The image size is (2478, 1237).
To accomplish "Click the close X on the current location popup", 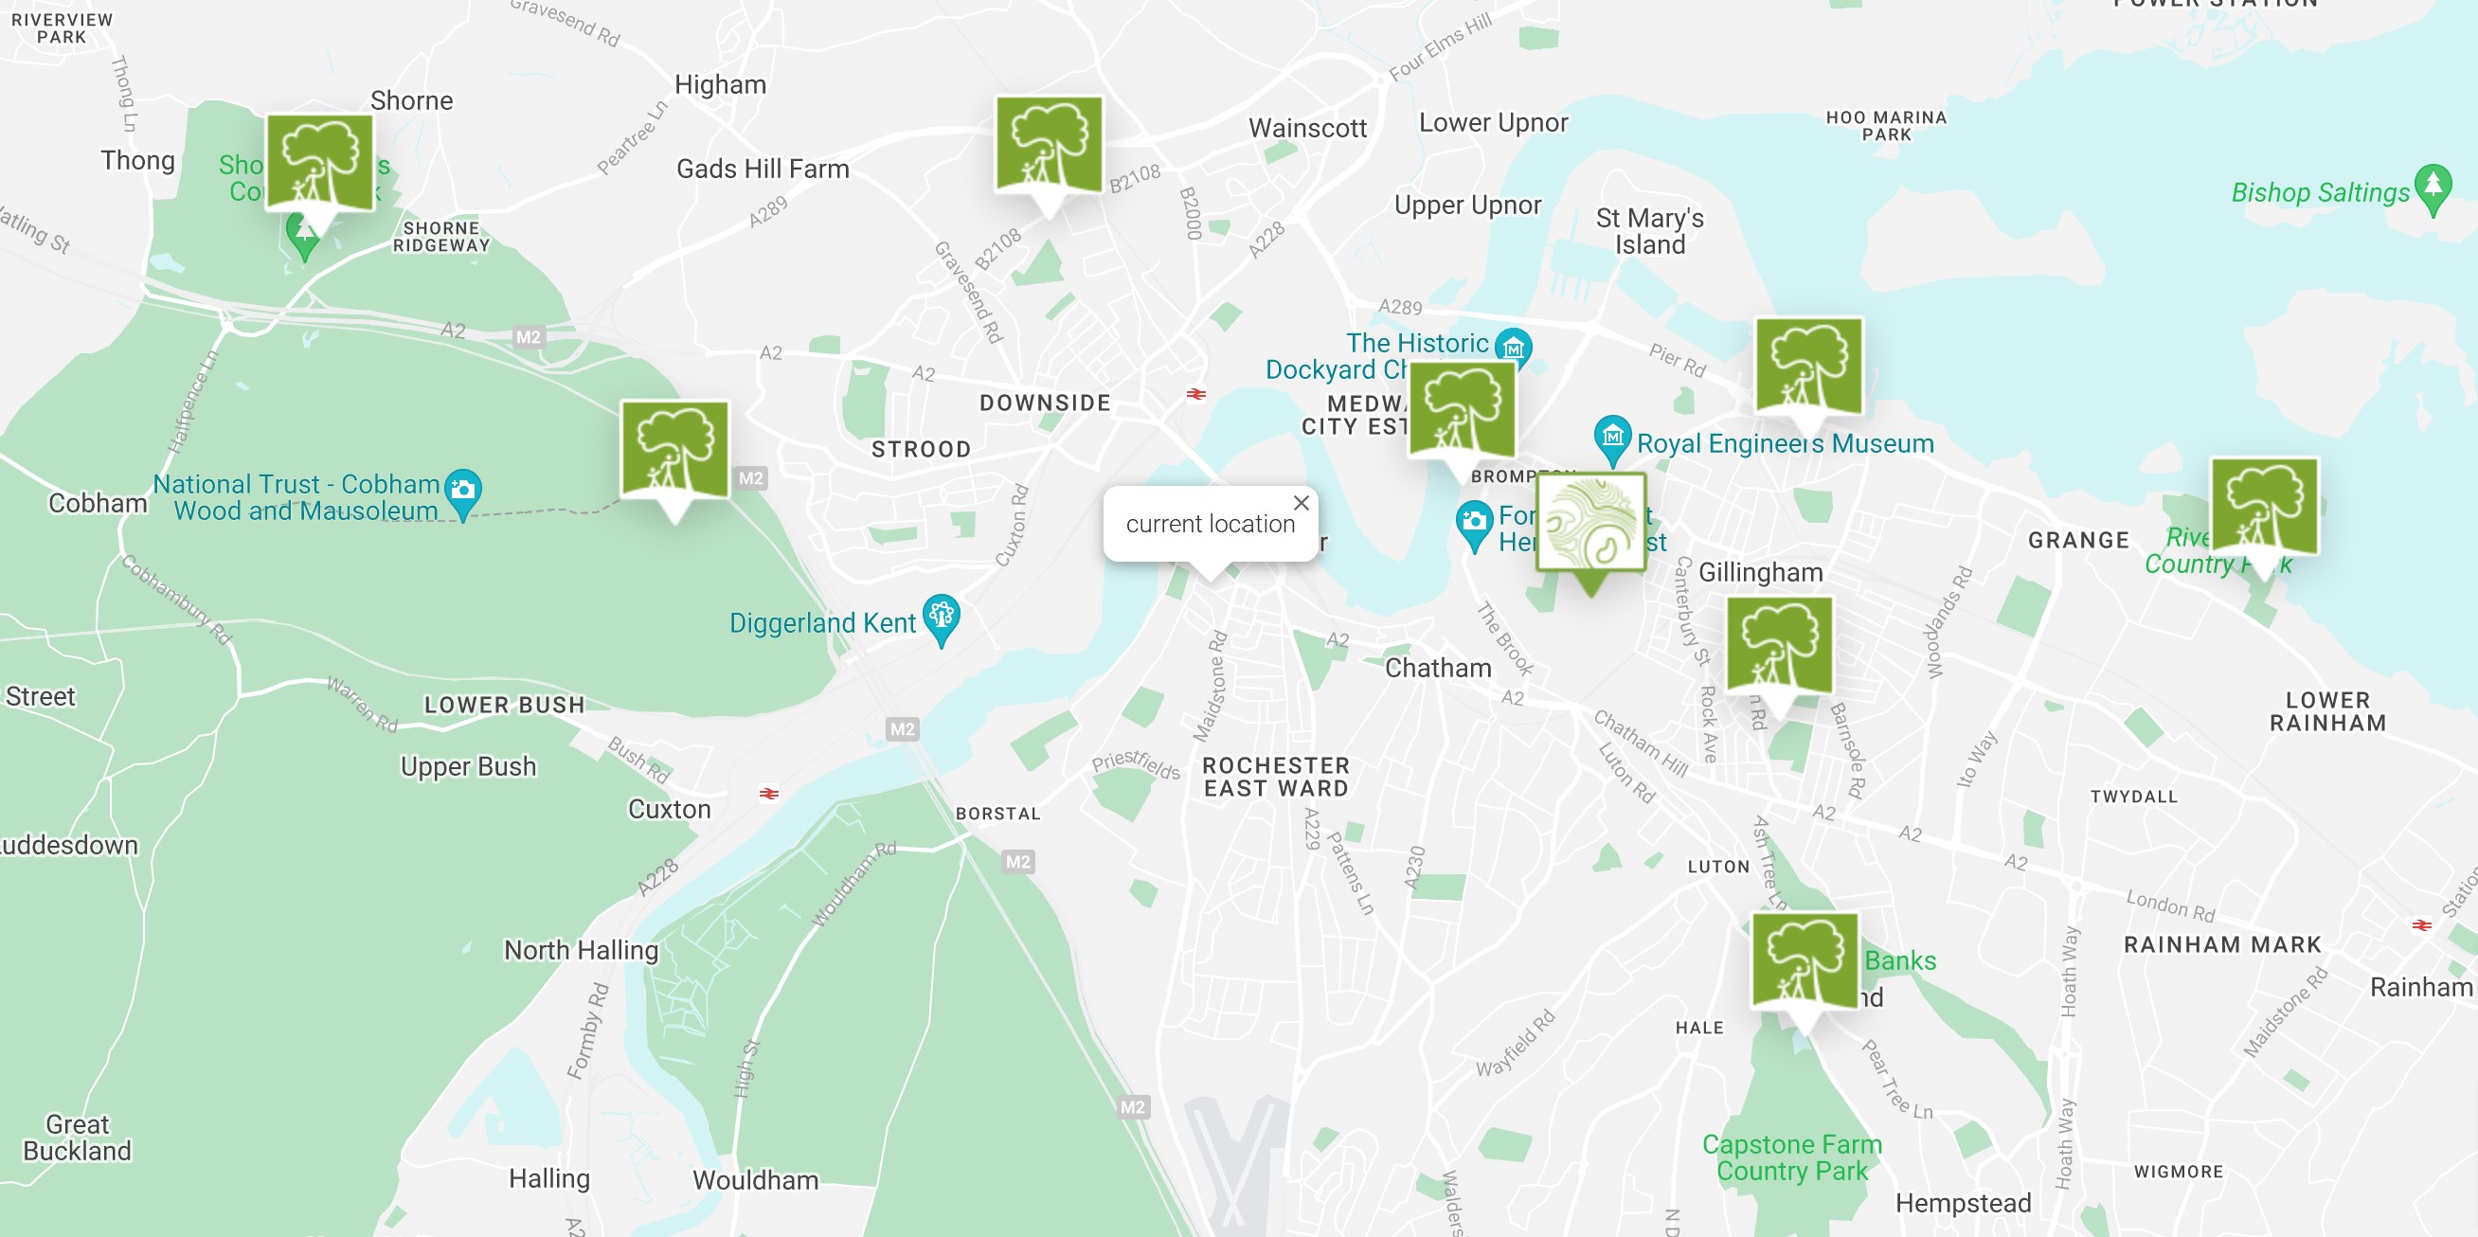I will [x=1301, y=503].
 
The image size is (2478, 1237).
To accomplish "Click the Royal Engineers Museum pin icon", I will [x=1612, y=437].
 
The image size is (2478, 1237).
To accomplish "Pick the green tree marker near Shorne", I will [x=319, y=164].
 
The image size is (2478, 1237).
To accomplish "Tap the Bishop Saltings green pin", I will [x=2432, y=186].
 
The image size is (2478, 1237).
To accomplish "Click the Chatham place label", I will [x=1437, y=668].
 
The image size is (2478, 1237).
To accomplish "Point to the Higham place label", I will [x=720, y=84].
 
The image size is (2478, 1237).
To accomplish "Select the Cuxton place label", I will [x=669, y=809].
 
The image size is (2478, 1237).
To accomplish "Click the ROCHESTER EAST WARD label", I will [x=1276, y=778].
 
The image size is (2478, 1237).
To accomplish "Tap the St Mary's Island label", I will [x=1649, y=231].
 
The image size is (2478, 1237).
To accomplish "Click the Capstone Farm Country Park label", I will [x=1791, y=1157].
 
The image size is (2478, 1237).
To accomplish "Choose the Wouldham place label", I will [x=755, y=1179].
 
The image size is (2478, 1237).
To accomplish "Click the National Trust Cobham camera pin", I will [x=463, y=490].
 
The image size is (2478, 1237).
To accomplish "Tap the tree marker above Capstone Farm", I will [x=1804, y=962].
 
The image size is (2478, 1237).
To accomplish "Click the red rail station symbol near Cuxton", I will [x=767, y=794].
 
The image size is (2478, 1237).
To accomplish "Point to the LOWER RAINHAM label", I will [x=2327, y=712].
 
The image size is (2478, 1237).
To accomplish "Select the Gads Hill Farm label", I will [x=762, y=170].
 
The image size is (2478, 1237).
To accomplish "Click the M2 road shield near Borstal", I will [x=1017, y=862].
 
